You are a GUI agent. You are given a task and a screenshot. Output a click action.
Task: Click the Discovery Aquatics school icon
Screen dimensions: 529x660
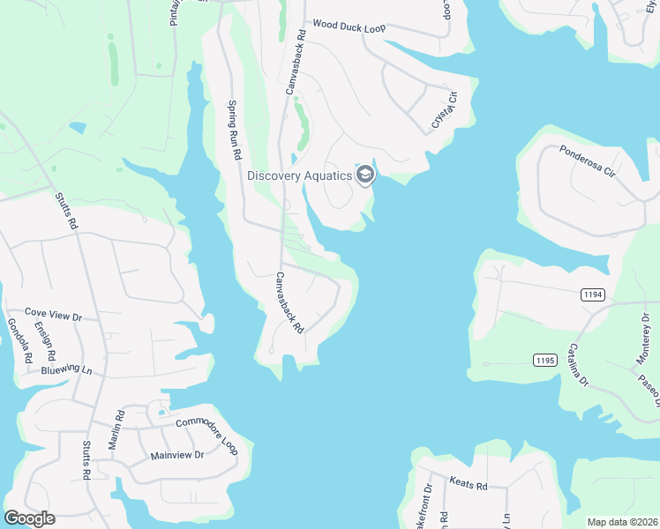pyautogui.click(x=365, y=175)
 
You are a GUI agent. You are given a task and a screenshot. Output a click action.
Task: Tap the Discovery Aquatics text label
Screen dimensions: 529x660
pyautogui.click(x=299, y=175)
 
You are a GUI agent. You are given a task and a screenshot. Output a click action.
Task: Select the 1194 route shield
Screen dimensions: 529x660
pyautogui.click(x=593, y=294)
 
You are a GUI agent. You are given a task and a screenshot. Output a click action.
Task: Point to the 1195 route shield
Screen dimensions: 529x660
pyautogui.click(x=544, y=359)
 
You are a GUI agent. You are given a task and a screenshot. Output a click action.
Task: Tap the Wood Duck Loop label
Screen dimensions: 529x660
pyautogui.click(x=349, y=28)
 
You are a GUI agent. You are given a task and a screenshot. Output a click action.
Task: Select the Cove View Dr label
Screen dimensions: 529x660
pyautogui.click(x=53, y=313)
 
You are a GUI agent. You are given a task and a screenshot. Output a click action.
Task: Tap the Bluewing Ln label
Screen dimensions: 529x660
pyautogui.click(x=66, y=369)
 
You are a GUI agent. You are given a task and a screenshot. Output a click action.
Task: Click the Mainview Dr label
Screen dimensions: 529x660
pyautogui.click(x=176, y=455)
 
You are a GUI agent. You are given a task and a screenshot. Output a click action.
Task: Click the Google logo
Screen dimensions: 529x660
pyautogui.click(x=29, y=518)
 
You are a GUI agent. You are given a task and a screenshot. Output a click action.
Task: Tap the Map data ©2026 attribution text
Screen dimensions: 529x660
pyautogui.click(x=623, y=522)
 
